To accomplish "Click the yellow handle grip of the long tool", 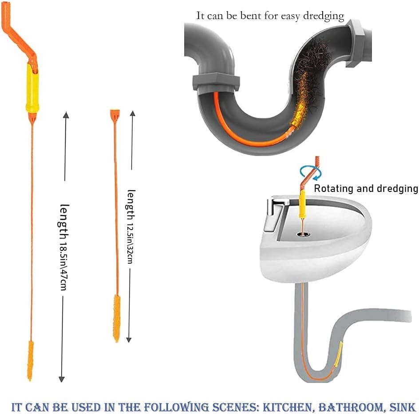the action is coord(32,88).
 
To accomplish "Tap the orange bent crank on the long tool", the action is coord(19,35).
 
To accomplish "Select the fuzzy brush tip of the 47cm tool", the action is coord(31,360).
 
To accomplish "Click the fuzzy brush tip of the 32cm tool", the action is coord(116,318).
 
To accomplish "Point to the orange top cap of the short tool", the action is coord(115,115).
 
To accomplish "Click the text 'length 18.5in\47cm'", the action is coord(64,247).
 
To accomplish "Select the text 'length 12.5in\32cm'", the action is coord(130,227).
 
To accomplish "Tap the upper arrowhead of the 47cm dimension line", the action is coord(66,115).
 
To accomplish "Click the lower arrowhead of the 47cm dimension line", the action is coord(62,379).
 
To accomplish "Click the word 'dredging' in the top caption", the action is coord(324,16).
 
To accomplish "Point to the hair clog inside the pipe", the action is coord(310,80).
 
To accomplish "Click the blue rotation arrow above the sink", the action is coord(311,173).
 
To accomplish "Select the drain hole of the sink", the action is coord(303,234).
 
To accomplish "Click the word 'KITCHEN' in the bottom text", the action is coord(287,407).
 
